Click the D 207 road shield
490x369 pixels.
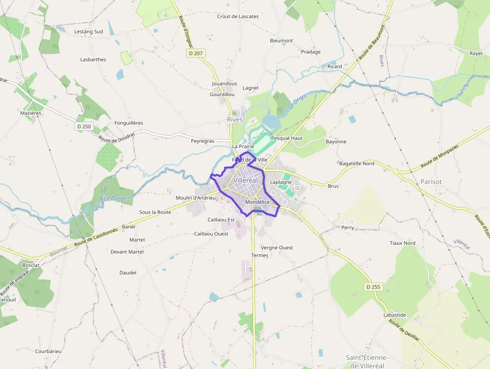(x=196, y=53)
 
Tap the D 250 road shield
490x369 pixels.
(x=84, y=127)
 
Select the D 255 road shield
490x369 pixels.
(x=373, y=287)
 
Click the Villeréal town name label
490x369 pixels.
(x=245, y=180)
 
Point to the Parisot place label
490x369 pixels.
(x=431, y=181)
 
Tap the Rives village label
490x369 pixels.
(x=234, y=120)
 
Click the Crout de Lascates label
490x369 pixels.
(x=238, y=17)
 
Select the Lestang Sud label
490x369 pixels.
(x=88, y=32)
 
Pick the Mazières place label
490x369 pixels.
(x=30, y=114)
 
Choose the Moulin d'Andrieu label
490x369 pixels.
(x=195, y=198)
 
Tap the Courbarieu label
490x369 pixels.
(x=48, y=351)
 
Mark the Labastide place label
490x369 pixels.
(x=394, y=315)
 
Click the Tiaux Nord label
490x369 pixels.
(x=402, y=243)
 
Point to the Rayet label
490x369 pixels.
(x=476, y=53)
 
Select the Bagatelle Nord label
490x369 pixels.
(x=356, y=164)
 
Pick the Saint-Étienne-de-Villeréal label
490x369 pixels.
(x=367, y=361)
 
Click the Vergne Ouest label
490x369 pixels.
(x=277, y=248)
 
